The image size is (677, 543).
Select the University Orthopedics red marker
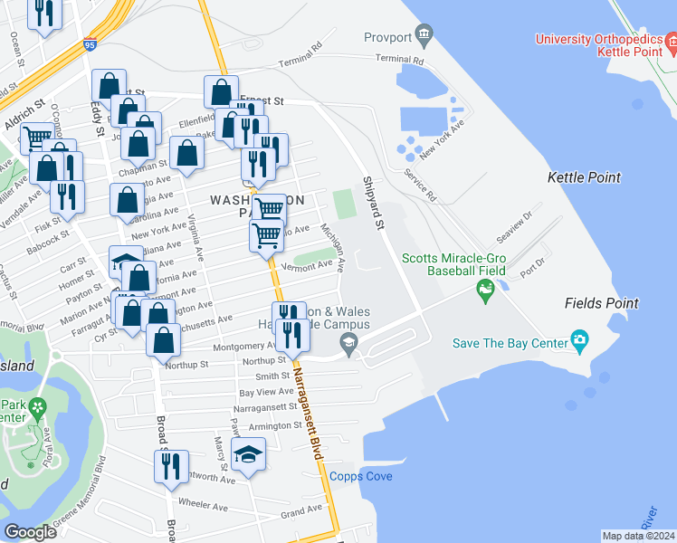[x=671, y=40]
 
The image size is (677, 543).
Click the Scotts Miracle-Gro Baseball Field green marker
[x=486, y=290]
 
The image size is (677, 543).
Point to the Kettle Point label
[x=584, y=177]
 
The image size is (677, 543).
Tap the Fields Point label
[x=601, y=303]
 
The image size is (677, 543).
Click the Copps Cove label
[x=360, y=476]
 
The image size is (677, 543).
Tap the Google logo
[x=31, y=532]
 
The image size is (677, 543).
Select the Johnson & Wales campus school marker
[x=347, y=342]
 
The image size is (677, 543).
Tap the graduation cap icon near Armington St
[x=248, y=454]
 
